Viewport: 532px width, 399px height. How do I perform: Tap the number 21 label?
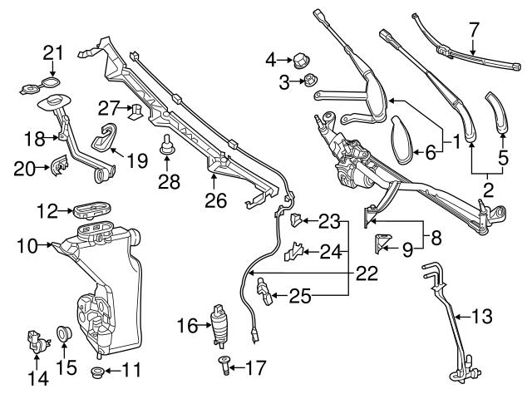pos(53,52)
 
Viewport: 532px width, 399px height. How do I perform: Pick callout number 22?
pos(366,272)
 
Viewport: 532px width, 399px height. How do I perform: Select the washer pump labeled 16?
pos(220,323)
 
